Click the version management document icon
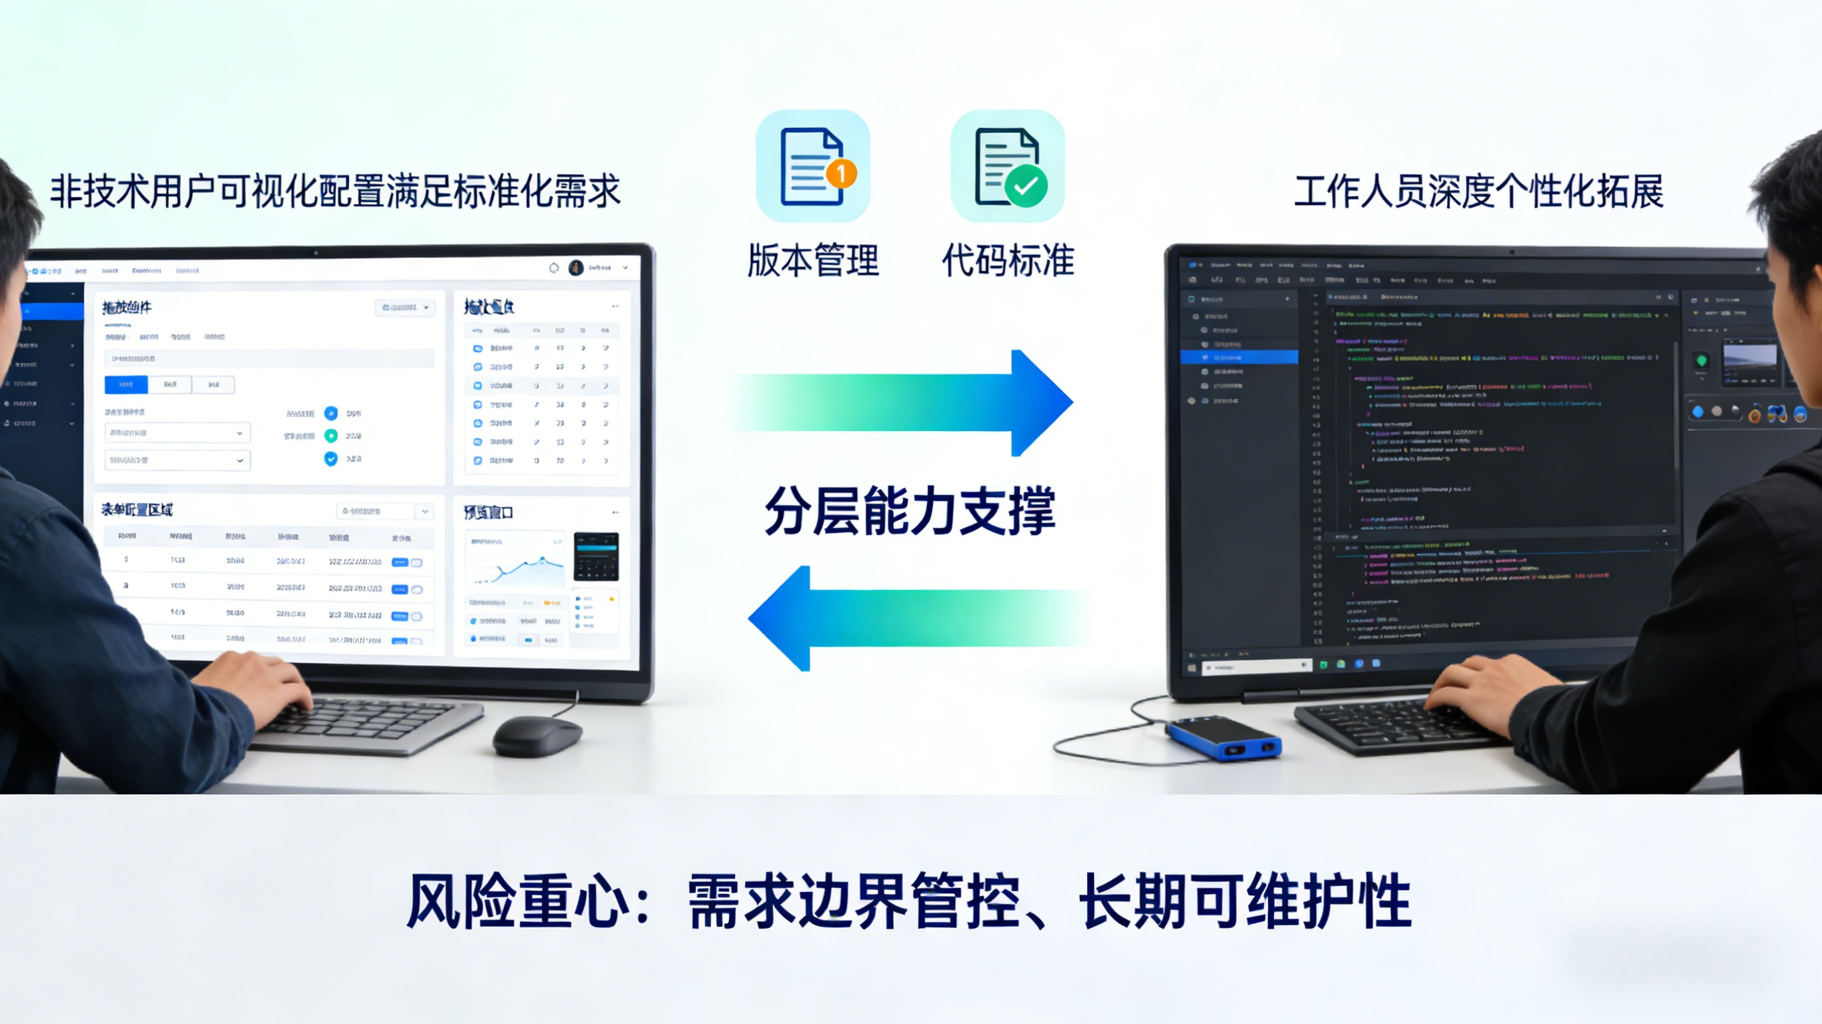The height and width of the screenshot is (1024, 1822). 812,166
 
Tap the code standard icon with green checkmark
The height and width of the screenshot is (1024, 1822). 1007,166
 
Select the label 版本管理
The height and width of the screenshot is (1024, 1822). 813,260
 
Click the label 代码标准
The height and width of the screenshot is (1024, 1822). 1008,260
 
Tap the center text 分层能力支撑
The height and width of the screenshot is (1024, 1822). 910,510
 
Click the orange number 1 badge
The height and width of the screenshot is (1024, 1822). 841,173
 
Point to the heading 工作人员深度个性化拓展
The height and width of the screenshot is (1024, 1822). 1478,191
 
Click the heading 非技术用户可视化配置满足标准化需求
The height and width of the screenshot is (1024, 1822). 335,191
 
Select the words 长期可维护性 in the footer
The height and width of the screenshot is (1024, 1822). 1245,901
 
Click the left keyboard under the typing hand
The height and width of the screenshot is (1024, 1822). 368,721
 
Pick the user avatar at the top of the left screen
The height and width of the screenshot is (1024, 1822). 576,268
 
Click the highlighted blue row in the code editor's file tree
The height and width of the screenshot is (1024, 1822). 1239,358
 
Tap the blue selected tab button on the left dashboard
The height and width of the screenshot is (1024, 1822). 126,385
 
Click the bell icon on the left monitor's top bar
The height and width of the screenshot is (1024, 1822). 554,268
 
